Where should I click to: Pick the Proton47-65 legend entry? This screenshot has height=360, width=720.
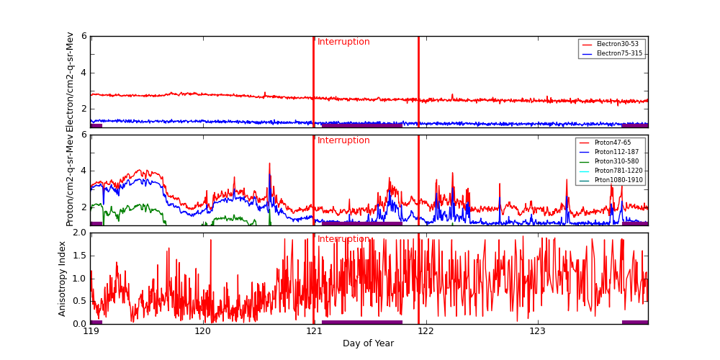[612, 143]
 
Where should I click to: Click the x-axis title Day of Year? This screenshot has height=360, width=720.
[368, 343]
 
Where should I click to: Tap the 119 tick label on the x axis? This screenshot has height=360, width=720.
[91, 331]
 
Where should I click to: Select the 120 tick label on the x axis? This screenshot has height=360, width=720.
[202, 331]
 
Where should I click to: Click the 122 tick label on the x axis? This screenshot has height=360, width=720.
[426, 331]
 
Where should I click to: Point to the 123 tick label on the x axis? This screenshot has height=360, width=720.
[537, 331]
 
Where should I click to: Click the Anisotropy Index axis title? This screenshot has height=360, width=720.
[63, 279]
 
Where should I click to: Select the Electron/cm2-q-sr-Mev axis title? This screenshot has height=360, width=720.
[70, 81]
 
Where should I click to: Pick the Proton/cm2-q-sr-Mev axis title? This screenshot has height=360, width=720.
[70, 180]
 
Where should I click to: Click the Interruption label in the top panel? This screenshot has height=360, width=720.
[343, 42]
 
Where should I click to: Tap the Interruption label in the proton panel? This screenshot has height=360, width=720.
[343, 140]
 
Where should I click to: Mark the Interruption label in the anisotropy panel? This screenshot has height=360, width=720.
[343, 239]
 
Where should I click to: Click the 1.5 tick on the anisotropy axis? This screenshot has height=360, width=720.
[78, 256]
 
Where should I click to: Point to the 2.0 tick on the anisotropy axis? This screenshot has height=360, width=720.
[78, 233]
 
